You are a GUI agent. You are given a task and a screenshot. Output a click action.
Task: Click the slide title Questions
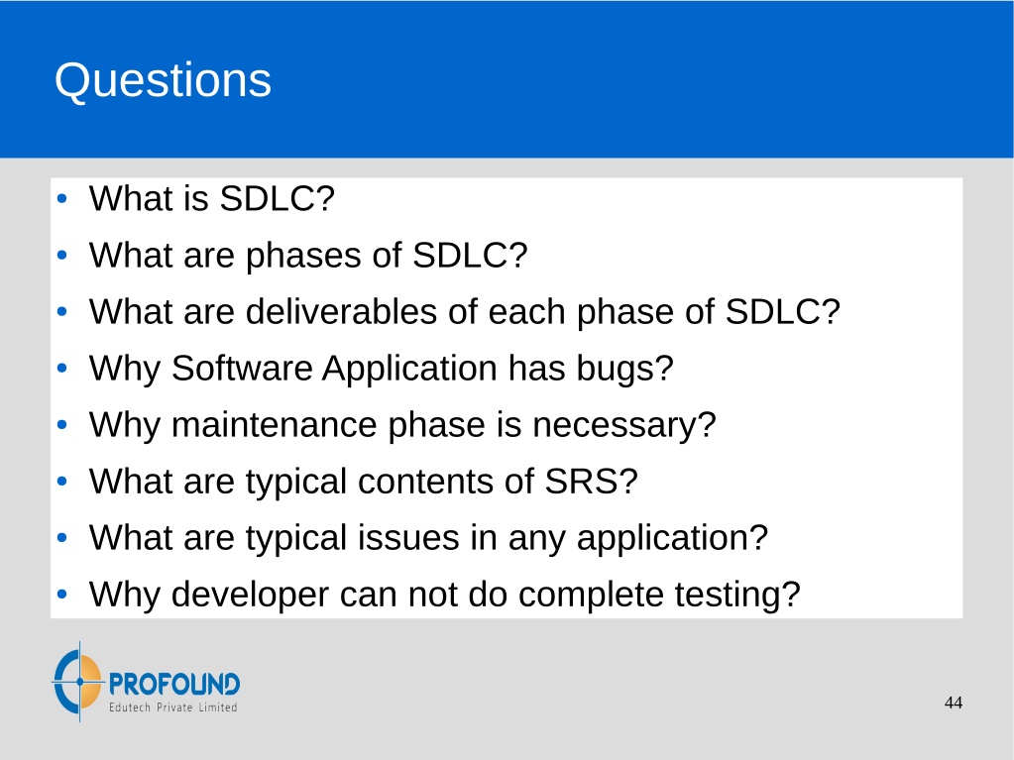pyautogui.click(x=163, y=81)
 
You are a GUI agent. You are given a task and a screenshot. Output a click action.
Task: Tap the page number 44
pyautogui.click(x=954, y=704)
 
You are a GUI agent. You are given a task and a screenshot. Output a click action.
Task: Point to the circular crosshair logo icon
pyautogui.click(x=78, y=682)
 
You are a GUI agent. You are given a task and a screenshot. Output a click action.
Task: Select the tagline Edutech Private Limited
pyautogui.click(x=172, y=707)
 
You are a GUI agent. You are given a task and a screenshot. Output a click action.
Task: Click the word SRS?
pyautogui.click(x=591, y=482)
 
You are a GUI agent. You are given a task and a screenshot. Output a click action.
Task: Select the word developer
pyautogui.click(x=250, y=596)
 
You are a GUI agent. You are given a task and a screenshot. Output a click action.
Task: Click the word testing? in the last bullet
pyautogui.click(x=737, y=596)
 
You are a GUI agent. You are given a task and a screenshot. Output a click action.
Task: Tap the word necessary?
pyautogui.click(x=624, y=426)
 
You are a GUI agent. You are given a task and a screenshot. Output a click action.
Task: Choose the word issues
pyautogui.click(x=408, y=538)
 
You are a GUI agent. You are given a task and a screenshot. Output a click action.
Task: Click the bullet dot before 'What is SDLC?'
pyautogui.click(x=62, y=198)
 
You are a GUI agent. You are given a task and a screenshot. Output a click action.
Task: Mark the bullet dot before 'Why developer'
pyautogui.click(x=62, y=594)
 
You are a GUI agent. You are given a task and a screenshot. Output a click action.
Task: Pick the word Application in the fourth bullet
pyautogui.click(x=410, y=370)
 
